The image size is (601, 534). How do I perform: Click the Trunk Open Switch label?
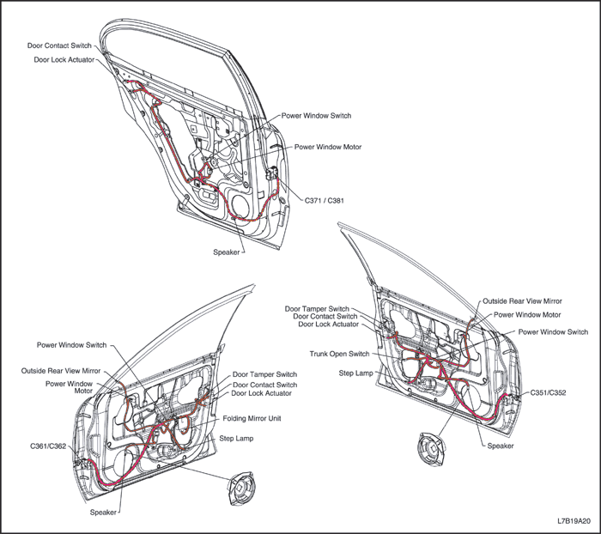pyautogui.click(x=339, y=354)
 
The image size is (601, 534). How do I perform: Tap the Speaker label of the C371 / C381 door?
pyautogui.click(x=227, y=252)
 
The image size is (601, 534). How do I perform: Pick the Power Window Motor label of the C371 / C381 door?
pyautogui.click(x=328, y=147)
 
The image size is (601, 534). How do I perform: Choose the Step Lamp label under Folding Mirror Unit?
pyautogui.click(x=241, y=438)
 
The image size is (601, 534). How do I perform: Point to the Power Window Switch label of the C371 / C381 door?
pyautogui.click(x=317, y=115)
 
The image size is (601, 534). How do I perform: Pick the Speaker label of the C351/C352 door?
pyautogui.click(x=501, y=446)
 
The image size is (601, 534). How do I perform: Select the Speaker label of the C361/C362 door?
pyautogui.click(x=104, y=513)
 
